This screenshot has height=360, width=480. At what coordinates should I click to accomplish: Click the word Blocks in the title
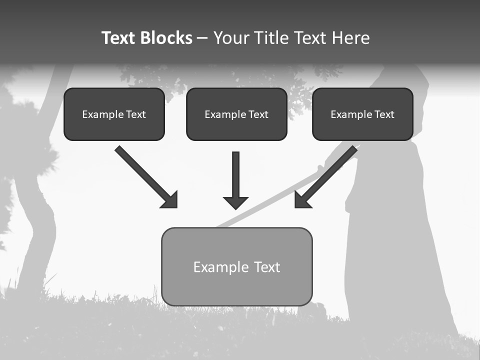click(167, 38)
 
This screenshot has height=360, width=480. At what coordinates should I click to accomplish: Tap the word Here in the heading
click(350, 38)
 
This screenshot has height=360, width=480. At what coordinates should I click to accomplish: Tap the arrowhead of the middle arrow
click(236, 202)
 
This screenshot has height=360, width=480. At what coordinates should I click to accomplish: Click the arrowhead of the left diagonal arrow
click(170, 200)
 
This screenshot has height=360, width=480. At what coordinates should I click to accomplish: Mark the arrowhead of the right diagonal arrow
click(302, 200)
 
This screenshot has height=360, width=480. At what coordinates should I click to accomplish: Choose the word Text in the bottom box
click(267, 267)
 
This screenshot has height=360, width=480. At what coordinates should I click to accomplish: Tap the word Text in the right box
click(384, 114)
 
